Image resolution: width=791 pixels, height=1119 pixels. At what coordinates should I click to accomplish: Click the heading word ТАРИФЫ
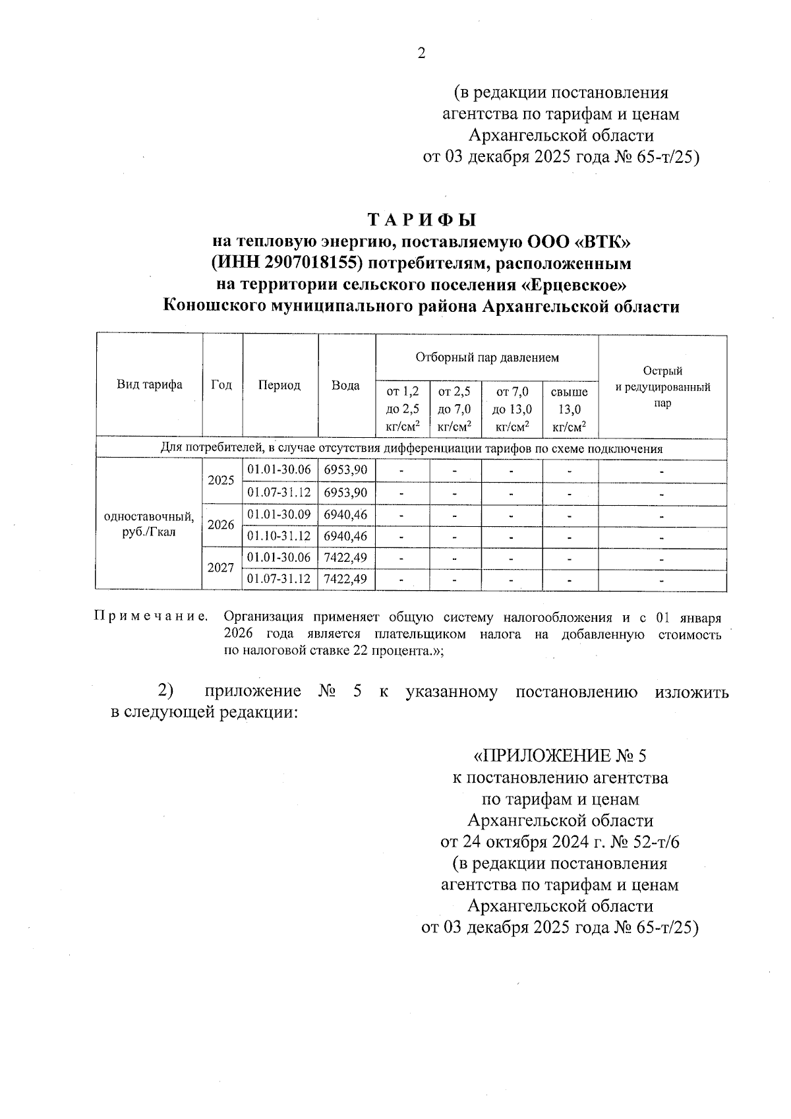pos(421,220)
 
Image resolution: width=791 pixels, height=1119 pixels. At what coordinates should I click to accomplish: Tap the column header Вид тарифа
pos(150,385)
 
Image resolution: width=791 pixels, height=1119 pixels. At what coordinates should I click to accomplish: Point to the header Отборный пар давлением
pos(486,357)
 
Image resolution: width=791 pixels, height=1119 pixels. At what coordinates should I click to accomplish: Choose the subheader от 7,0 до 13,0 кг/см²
pos(512,409)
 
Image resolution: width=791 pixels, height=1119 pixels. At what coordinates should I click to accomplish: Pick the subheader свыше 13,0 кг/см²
pos(570,409)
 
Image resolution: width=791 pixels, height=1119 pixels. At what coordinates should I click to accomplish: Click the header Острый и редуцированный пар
pos(662,387)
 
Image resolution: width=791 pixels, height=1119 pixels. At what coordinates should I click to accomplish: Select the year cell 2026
pos(221,525)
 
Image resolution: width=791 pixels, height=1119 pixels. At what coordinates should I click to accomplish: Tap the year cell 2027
pos(221,568)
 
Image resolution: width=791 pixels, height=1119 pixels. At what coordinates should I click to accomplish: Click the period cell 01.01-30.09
pos(279,514)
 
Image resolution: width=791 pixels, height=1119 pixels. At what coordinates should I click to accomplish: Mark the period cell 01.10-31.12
pos(279,536)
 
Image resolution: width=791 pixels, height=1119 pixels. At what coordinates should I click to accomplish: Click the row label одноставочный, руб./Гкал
pos(149,525)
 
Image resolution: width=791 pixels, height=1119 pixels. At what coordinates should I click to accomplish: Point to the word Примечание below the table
pos(151,617)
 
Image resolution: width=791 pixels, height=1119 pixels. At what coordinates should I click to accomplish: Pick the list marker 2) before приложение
pos(165,691)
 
